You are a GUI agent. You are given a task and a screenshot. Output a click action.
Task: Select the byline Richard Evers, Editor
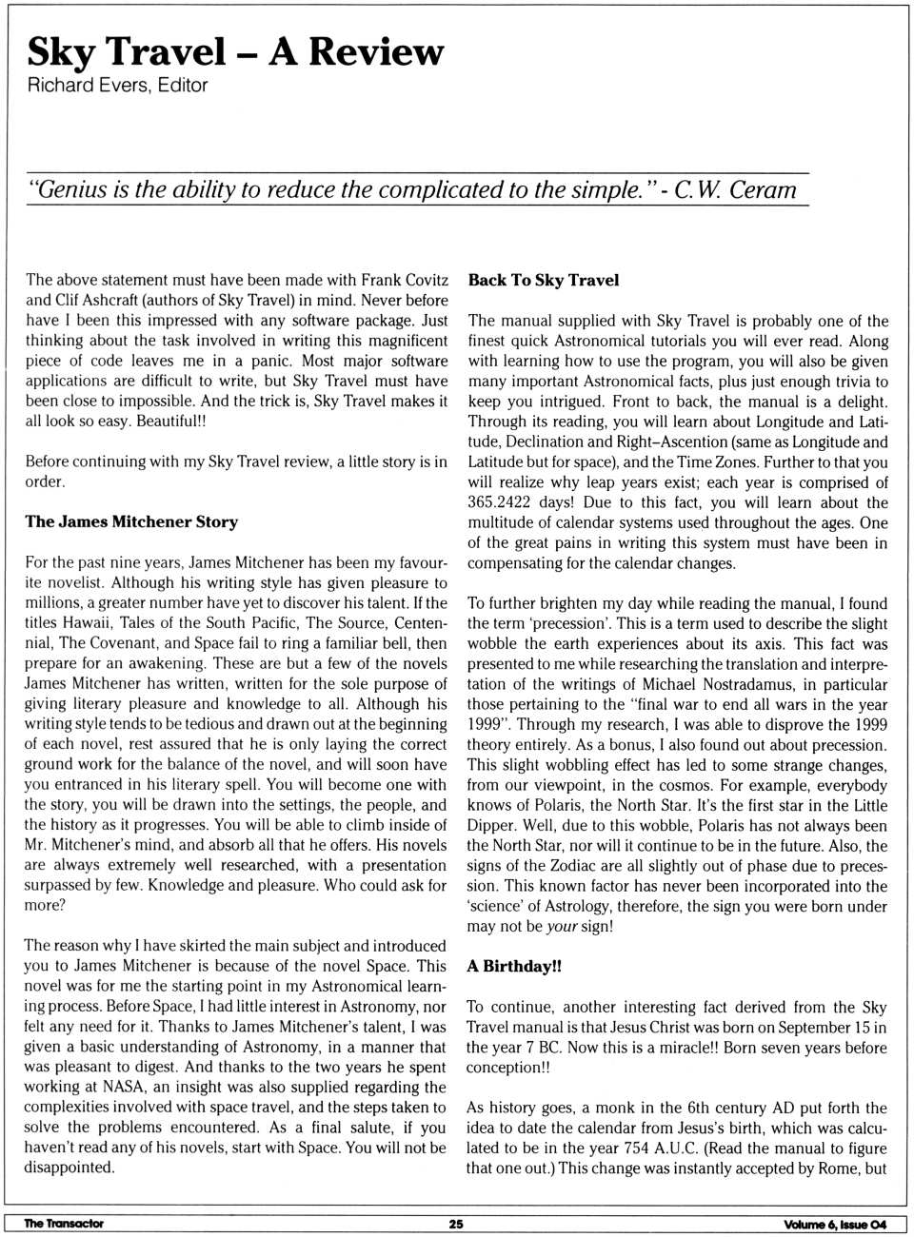pyautogui.click(x=117, y=86)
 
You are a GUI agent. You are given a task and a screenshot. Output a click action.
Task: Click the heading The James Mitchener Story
pyautogui.click(x=131, y=521)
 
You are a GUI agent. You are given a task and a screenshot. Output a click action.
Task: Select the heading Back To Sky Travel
pyautogui.click(x=543, y=280)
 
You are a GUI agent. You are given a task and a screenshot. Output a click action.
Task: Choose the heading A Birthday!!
pyautogui.click(x=514, y=966)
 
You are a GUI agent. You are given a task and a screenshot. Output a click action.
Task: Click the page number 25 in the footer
pyautogui.click(x=456, y=1224)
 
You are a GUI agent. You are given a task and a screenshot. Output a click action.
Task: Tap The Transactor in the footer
pyautogui.click(x=64, y=1224)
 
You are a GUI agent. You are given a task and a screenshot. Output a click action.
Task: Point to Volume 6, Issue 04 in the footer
pyautogui.click(x=835, y=1225)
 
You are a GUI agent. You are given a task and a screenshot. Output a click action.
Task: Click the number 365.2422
pyautogui.click(x=504, y=502)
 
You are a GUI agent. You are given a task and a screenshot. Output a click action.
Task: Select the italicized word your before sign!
pyautogui.click(x=562, y=926)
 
